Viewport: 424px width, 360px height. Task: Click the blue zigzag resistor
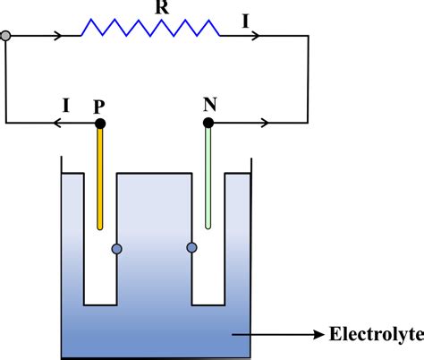click(149, 29)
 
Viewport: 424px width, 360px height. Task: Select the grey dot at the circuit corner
click(6, 37)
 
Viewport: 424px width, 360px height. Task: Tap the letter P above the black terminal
click(99, 104)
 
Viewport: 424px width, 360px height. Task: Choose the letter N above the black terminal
click(209, 103)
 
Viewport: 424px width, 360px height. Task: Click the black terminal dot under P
click(100, 122)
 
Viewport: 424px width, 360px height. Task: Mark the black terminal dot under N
click(209, 122)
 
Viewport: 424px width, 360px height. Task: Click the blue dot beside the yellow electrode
click(115, 248)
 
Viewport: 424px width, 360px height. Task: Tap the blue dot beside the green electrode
click(191, 248)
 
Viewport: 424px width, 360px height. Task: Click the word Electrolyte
click(377, 337)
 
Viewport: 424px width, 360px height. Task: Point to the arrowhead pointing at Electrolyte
click(324, 337)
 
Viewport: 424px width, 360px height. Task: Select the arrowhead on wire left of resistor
click(60, 37)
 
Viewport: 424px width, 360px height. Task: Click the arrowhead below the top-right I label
click(258, 37)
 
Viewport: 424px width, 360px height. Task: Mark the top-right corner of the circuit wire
click(308, 37)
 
